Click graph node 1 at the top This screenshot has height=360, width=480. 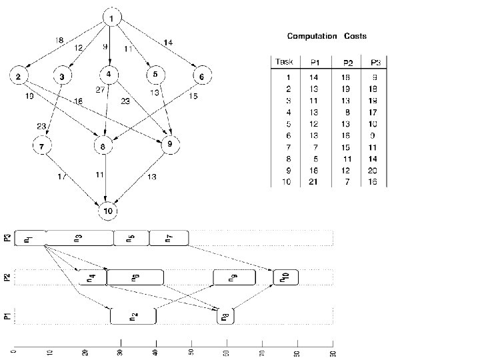(x=112, y=17)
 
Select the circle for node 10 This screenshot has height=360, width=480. (x=108, y=211)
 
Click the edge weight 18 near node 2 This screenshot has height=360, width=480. (x=60, y=41)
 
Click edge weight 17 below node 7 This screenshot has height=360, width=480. (x=61, y=177)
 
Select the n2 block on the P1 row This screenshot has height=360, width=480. (x=133, y=316)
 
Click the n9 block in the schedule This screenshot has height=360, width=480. (x=233, y=278)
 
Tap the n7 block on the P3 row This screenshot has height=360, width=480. (x=169, y=238)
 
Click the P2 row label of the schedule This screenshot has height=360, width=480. (x=7, y=278)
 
